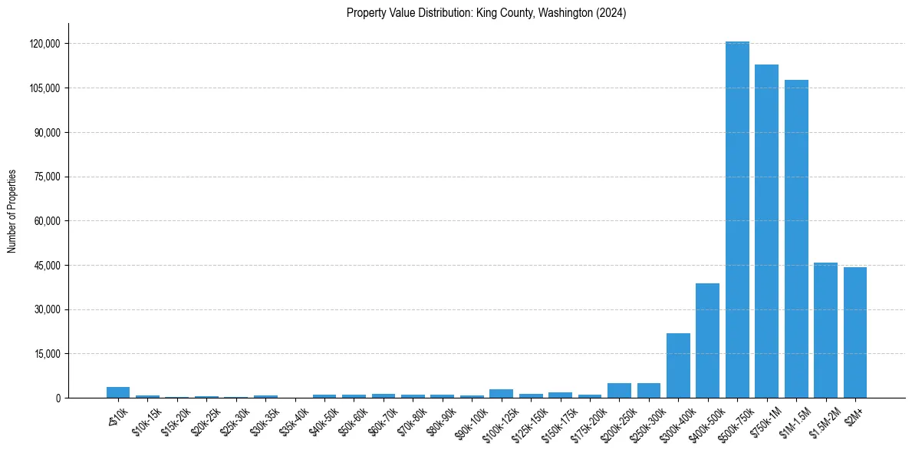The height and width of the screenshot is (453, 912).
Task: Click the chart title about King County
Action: pyautogui.click(x=486, y=13)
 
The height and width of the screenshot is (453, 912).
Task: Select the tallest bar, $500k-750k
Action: pyautogui.click(x=737, y=220)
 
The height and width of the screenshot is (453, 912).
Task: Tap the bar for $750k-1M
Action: pyautogui.click(x=766, y=231)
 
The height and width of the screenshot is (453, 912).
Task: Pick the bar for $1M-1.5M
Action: pyautogui.click(x=796, y=239)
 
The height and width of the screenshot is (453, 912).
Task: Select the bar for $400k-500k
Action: pyautogui.click(x=707, y=341)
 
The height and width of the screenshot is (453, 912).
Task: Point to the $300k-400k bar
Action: pyautogui.click(x=678, y=365)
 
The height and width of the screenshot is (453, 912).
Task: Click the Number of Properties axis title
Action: pyautogui.click(x=12, y=211)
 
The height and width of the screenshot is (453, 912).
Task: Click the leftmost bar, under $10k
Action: pyautogui.click(x=118, y=392)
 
